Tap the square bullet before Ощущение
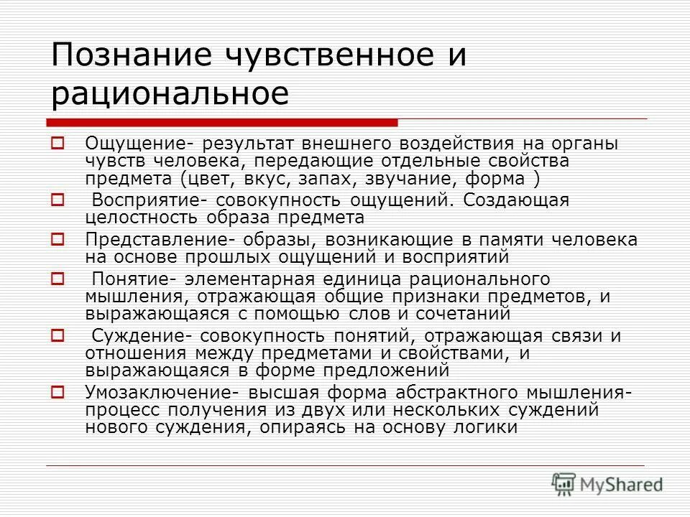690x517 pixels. (x=58, y=142)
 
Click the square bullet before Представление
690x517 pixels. (x=58, y=238)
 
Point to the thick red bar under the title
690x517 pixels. (x=222, y=122)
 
